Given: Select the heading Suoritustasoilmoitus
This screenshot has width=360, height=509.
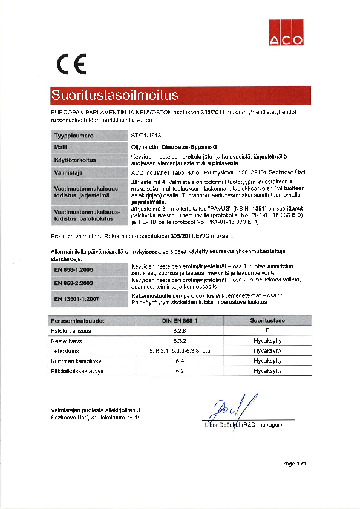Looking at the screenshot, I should (x=114, y=96).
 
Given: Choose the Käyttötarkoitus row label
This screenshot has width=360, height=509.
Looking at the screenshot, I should (x=75, y=160).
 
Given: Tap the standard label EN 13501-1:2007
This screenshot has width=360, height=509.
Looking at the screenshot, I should (x=76, y=298).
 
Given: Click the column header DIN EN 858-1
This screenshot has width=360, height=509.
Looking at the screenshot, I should (x=179, y=321).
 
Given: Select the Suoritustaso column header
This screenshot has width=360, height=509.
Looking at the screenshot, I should (x=267, y=321).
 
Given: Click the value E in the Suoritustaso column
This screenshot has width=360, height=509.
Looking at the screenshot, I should (x=267, y=331).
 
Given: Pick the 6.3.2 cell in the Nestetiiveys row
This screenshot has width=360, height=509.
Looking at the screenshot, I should (x=179, y=341).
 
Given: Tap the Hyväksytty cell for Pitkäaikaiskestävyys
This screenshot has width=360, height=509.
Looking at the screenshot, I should (x=267, y=370).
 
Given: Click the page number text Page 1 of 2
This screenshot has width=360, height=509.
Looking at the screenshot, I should (x=296, y=464).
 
